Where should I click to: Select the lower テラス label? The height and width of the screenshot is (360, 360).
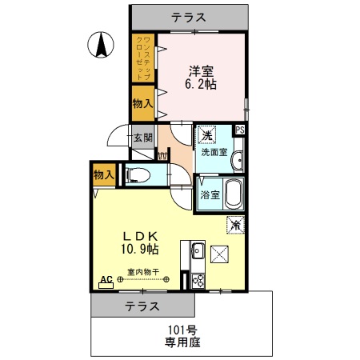[x=142, y=306]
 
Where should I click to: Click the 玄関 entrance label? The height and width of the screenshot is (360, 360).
[x=142, y=138]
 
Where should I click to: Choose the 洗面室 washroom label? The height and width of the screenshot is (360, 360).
[x=214, y=151]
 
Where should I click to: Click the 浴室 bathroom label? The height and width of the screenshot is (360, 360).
[x=207, y=194]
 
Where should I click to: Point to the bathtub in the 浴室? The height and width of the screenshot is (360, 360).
[x=232, y=193]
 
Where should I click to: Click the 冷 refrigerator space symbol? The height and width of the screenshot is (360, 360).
[x=236, y=226]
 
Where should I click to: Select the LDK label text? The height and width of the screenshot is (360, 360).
[x=143, y=236]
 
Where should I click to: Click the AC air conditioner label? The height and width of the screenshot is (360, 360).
[x=105, y=280]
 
